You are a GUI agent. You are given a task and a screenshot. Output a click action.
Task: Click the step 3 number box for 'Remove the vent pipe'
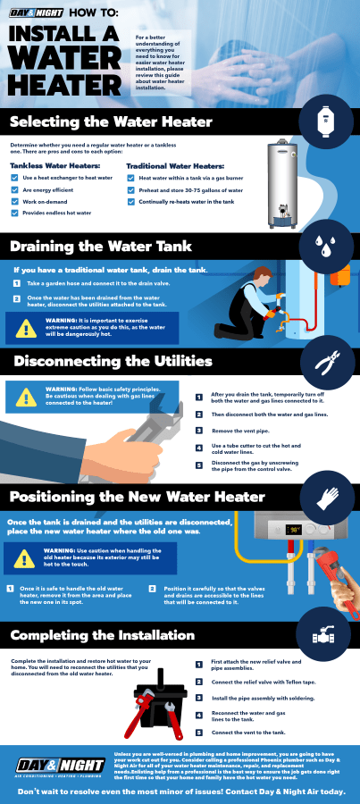198,431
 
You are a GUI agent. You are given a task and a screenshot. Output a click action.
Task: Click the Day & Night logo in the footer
49,764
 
